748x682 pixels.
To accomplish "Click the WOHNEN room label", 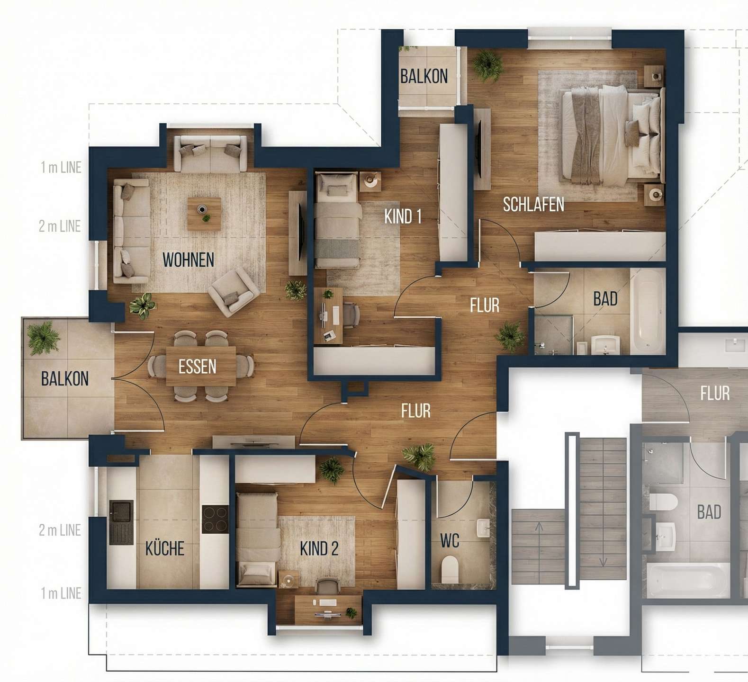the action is click(x=188, y=260).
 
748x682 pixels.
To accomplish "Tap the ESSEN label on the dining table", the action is click(x=197, y=367).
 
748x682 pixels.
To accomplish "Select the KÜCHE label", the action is click(x=164, y=548).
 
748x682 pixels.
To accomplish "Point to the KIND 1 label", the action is click(x=403, y=216).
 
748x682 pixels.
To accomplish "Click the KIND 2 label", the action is click(x=319, y=549).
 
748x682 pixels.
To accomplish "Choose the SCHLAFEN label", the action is click(x=533, y=204).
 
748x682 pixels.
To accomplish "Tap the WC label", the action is click(x=450, y=540).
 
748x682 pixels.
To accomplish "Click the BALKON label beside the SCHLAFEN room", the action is click(x=424, y=76).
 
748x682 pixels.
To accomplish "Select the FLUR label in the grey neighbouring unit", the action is click(x=715, y=393).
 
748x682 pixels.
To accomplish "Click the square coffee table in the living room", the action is click(x=204, y=214).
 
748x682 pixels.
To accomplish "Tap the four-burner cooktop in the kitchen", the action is click(x=215, y=520).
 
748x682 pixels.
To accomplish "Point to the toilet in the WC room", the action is click(x=450, y=570).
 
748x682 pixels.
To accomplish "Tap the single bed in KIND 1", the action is click(x=337, y=221).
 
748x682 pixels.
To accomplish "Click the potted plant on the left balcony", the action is click(x=44, y=338).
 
